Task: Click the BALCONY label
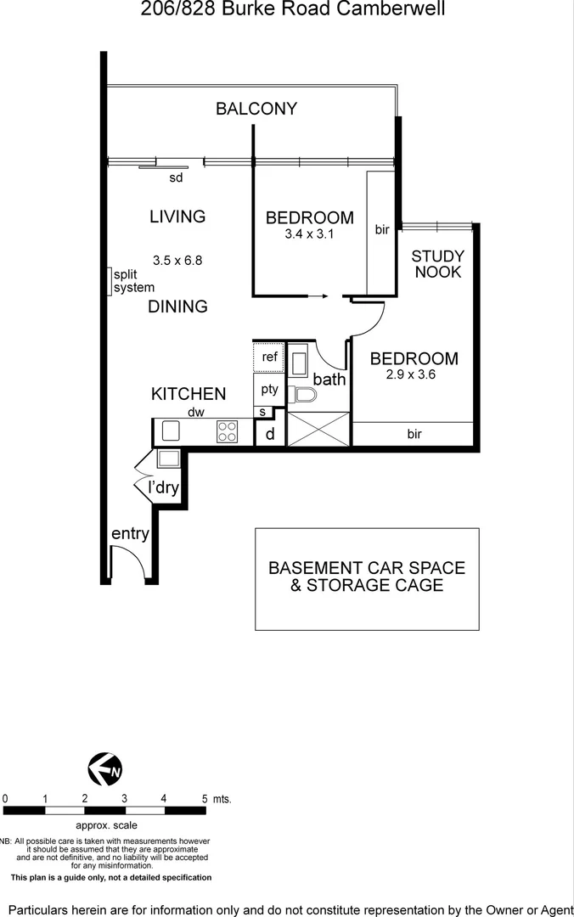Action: pyautogui.click(x=256, y=109)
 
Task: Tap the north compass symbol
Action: pyautogui.click(x=105, y=769)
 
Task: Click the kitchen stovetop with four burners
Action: pyautogui.click(x=227, y=431)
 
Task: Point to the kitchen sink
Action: pyautogui.click(x=171, y=430)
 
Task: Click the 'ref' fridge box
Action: pyautogui.click(x=269, y=357)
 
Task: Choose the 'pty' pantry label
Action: pyautogui.click(x=269, y=390)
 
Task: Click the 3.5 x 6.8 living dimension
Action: pyautogui.click(x=177, y=261)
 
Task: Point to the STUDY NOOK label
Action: pyautogui.click(x=438, y=264)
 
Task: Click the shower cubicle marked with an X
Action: pyautogui.click(x=318, y=429)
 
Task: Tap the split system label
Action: pyautogui.click(x=133, y=281)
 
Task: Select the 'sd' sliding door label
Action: pyautogui.click(x=176, y=177)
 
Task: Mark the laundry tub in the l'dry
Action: pyautogui.click(x=168, y=459)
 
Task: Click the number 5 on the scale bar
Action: pyautogui.click(x=204, y=799)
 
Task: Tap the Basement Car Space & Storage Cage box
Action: pyautogui.click(x=367, y=578)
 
